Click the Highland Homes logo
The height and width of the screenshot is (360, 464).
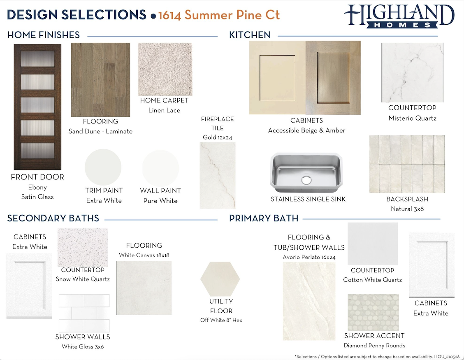(x=399, y=16)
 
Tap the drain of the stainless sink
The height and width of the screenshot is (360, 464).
(x=306, y=180)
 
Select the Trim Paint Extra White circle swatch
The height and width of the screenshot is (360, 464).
(x=103, y=167)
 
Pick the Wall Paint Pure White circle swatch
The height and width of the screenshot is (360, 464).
(x=160, y=168)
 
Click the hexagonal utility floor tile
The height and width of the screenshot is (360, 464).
(x=220, y=279)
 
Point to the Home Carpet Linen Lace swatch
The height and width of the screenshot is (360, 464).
(x=165, y=69)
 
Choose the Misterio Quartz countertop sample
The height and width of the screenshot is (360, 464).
(x=412, y=72)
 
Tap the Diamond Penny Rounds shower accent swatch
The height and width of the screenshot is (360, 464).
(x=373, y=312)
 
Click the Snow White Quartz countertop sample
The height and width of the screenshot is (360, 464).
(x=83, y=248)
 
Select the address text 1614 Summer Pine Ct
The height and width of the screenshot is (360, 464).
(x=219, y=15)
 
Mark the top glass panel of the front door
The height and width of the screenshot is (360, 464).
(x=37, y=58)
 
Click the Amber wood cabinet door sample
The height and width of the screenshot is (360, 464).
(x=333, y=78)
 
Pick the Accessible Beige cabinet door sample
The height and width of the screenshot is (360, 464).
(x=277, y=78)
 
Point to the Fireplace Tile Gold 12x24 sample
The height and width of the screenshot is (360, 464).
(x=218, y=175)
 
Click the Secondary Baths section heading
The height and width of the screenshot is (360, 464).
(x=53, y=218)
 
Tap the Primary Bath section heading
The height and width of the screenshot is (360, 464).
(x=264, y=218)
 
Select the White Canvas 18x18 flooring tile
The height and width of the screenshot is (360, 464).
(x=144, y=288)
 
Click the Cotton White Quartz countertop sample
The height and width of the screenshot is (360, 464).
(x=373, y=244)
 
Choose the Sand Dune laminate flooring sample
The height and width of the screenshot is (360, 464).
(x=100, y=80)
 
